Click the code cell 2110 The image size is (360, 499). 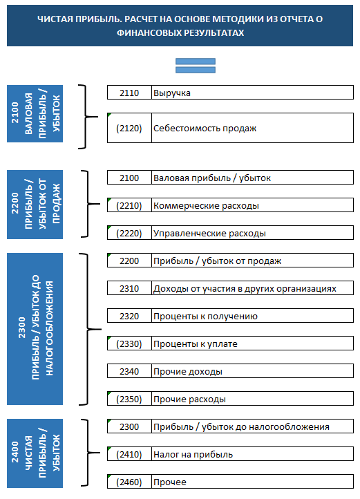pyautogui.click(x=129, y=93)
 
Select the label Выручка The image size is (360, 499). pyautogui.click(x=172, y=93)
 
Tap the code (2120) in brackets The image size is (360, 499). pyautogui.click(x=129, y=128)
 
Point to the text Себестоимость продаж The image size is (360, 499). pyautogui.click(x=205, y=128)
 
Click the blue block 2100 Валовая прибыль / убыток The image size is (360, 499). pyautogui.click(x=35, y=113)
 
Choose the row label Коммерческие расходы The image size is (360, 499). pyautogui.click(x=206, y=205)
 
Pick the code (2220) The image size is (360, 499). pyautogui.click(x=129, y=234)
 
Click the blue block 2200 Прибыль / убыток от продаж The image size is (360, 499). pyautogui.click(x=35, y=205)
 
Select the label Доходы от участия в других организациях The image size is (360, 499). pyautogui.click(x=245, y=289)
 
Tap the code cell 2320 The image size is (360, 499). pyautogui.click(x=129, y=316)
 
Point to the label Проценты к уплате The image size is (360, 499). pyautogui.click(x=196, y=344)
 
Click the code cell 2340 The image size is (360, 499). pyautogui.click(x=129, y=371)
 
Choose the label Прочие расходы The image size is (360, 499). pyautogui.click(x=190, y=399)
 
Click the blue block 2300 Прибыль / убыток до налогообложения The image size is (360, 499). pyautogui.click(x=35, y=329)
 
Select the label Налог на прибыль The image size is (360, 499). pyautogui.click(x=193, y=455)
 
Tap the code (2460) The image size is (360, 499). pyautogui.click(x=129, y=482)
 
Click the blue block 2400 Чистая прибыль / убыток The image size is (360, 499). pyautogui.click(x=35, y=453)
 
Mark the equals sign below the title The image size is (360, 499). pyautogui.click(x=196, y=66)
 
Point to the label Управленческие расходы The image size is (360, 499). pyautogui.click(x=209, y=234)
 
